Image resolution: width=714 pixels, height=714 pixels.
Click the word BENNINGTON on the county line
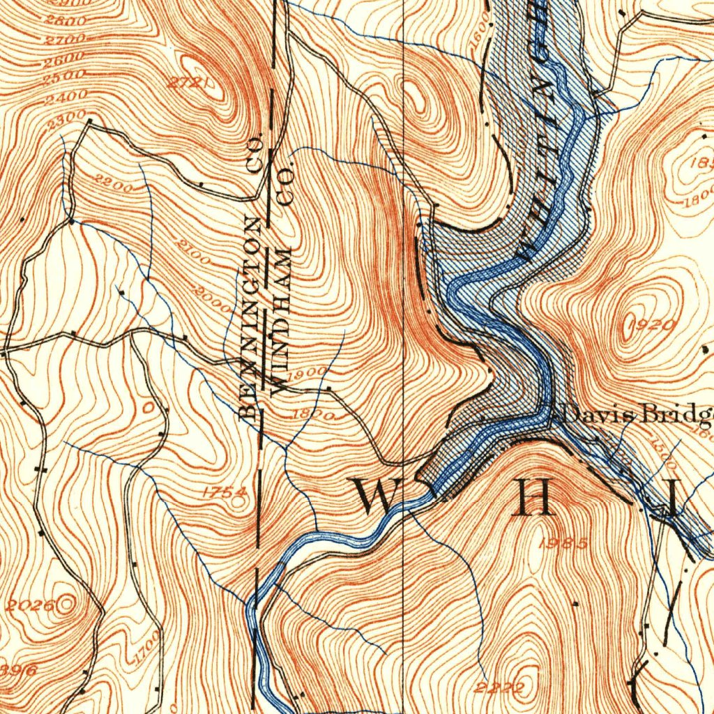[x=252, y=317]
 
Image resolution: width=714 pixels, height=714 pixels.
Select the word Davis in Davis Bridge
[x=593, y=414]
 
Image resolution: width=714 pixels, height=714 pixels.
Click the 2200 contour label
[x=114, y=185]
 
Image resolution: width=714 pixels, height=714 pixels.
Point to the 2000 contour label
[x=212, y=297]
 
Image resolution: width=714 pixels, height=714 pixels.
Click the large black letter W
[x=377, y=496]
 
